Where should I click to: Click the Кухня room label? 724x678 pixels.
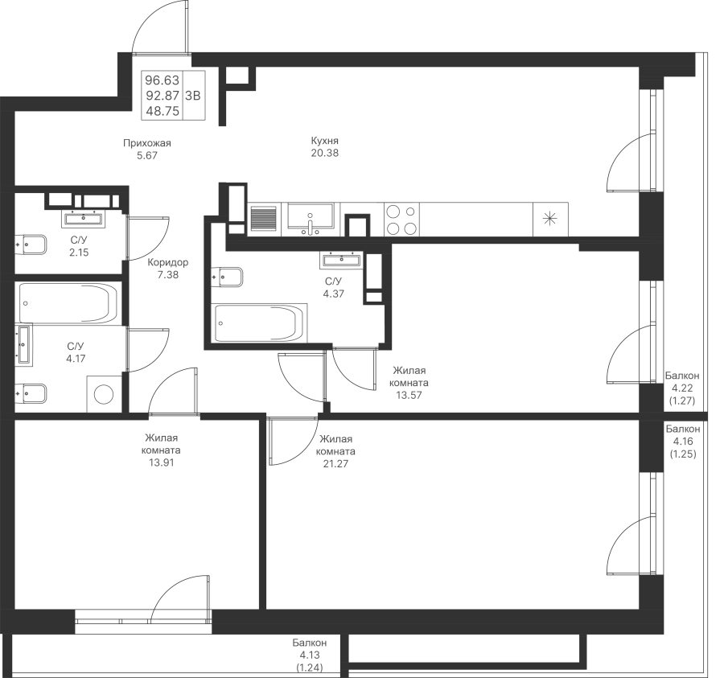325,141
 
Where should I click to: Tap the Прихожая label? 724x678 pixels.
147,143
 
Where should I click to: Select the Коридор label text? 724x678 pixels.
167,263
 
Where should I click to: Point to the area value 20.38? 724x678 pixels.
325,154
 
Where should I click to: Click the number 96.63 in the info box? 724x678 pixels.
162,80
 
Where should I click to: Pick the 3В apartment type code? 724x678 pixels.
192,96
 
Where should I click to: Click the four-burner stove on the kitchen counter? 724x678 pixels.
401,220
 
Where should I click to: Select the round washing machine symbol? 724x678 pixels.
104,395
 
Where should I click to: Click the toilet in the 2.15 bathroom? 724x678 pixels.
31,244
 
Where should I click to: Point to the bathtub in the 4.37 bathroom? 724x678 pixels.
259,323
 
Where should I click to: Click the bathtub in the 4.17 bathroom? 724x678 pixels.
68,303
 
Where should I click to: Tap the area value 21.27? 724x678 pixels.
335,464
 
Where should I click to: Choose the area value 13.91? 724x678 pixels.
161,462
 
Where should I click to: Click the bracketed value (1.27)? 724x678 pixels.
682,401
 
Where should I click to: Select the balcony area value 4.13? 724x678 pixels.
310,655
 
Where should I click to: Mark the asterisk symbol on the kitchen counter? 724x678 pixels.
550,219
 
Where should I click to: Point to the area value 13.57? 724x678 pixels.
409,395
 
